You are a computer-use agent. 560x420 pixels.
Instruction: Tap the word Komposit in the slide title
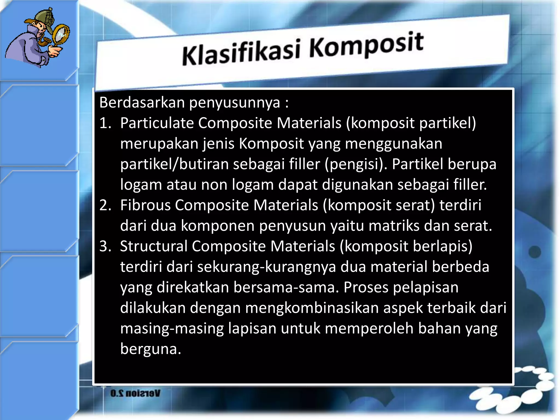point(366,45)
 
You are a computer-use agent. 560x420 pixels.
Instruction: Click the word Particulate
point(157,123)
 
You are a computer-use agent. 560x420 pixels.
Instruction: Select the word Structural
point(153,246)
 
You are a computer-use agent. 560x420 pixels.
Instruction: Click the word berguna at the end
point(150,349)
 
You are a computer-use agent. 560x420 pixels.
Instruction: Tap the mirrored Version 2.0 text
point(135,393)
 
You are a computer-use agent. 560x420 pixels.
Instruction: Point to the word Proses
point(366,287)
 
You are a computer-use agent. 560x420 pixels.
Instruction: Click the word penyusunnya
point(235,103)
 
